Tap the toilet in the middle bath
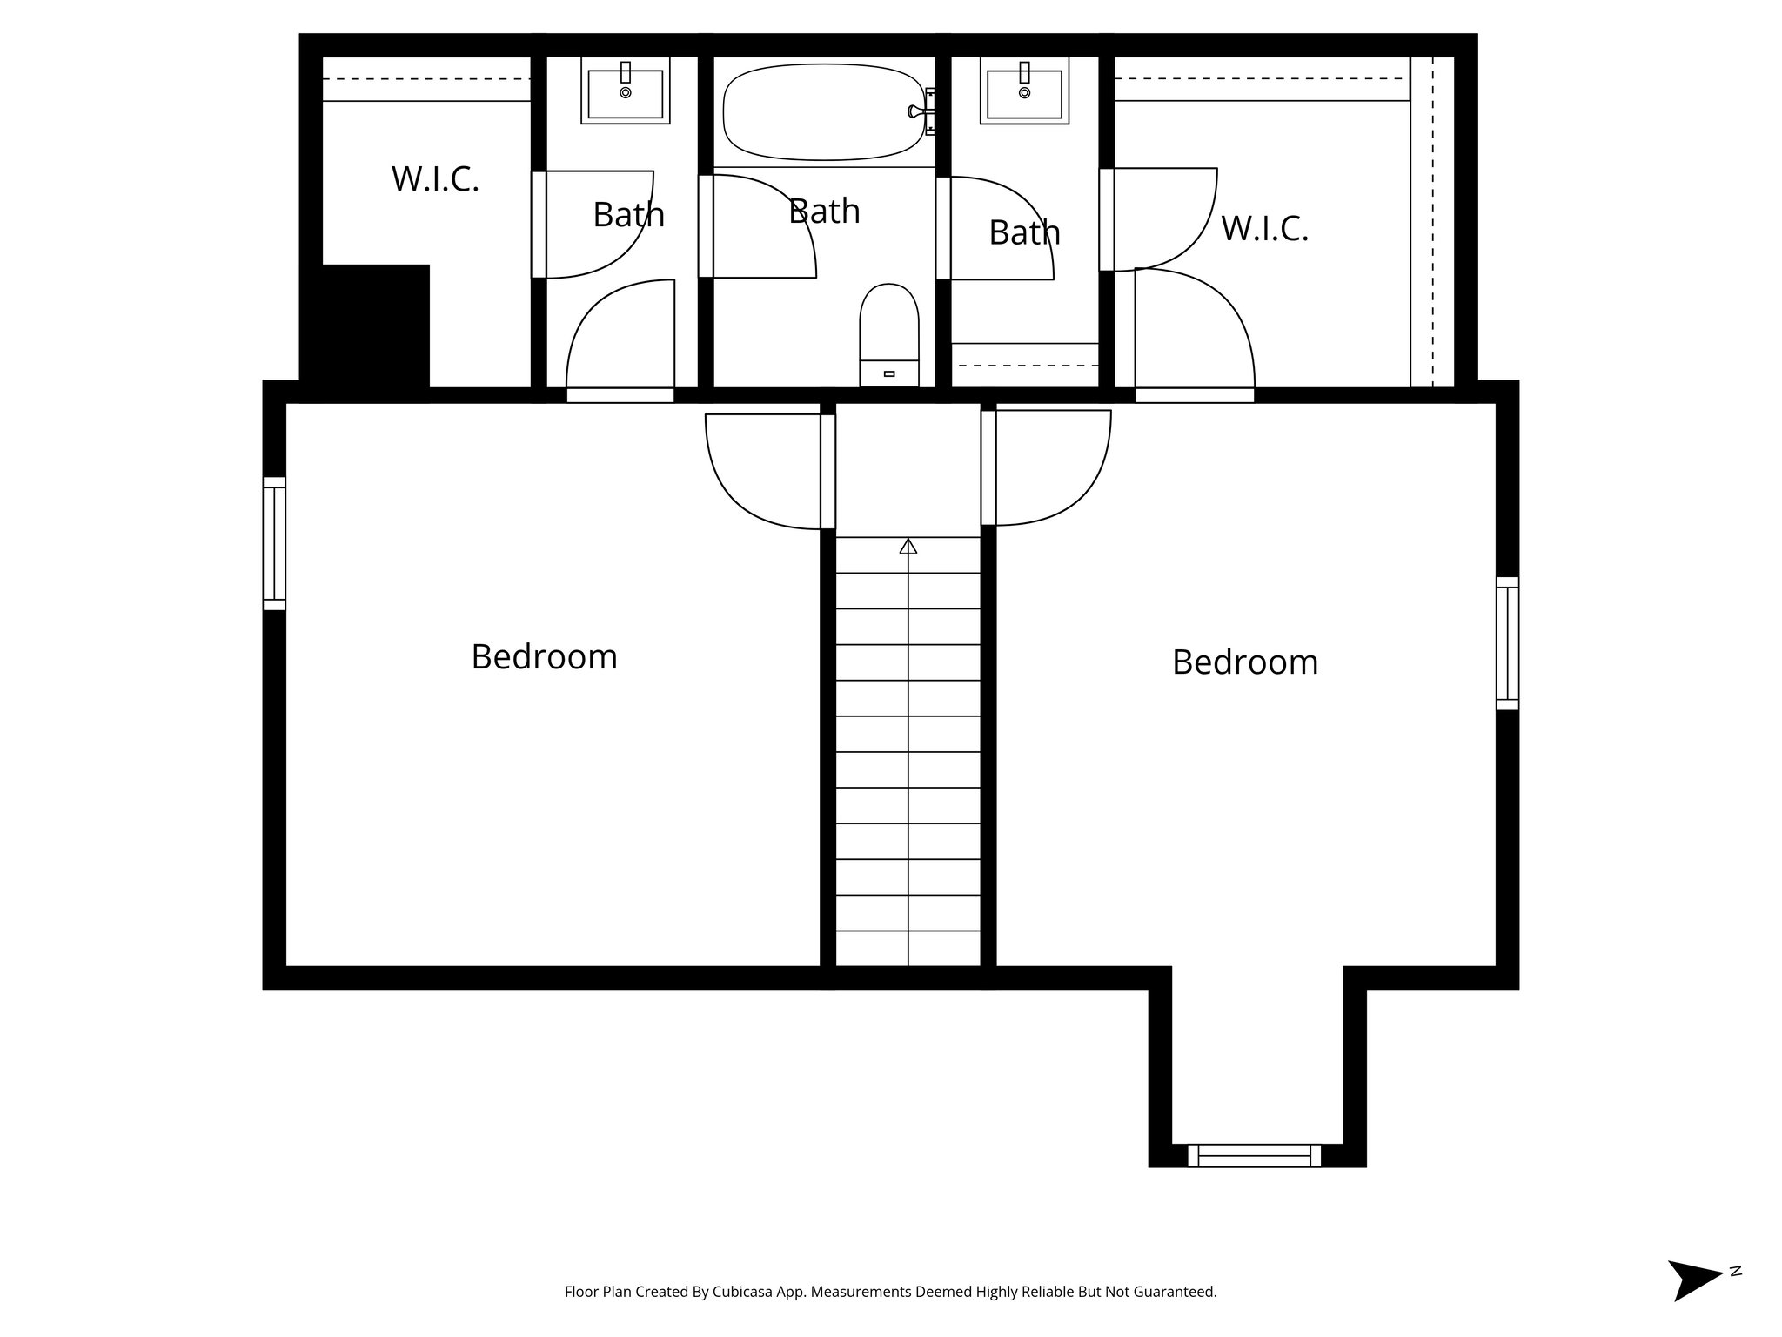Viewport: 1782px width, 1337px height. click(x=888, y=331)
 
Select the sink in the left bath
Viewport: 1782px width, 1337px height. click(x=625, y=92)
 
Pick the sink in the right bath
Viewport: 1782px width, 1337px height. click(x=1024, y=92)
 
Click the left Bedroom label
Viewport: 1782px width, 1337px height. click(x=544, y=656)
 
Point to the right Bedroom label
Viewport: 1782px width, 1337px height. click(x=1244, y=662)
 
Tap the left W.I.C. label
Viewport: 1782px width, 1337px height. click(x=435, y=178)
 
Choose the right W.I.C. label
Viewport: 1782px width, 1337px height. click(x=1264, y=228)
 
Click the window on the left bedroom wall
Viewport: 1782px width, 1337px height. click(x=274, y=543)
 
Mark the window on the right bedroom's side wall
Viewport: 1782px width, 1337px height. click(x=1508, y=643)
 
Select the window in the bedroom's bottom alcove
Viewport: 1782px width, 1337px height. click(x=1254, y=1155)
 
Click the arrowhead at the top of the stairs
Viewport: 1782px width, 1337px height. click(x=908, y=546)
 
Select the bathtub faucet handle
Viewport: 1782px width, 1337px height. click(x=914, y=111)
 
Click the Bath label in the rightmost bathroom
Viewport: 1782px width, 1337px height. click(x=1024, y=232)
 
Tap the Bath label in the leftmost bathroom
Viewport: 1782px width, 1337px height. click(x=628, y=214)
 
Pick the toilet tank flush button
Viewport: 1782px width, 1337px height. click(x=888, y=373)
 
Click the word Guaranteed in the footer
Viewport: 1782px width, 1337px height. click(x=1176, y=1292)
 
